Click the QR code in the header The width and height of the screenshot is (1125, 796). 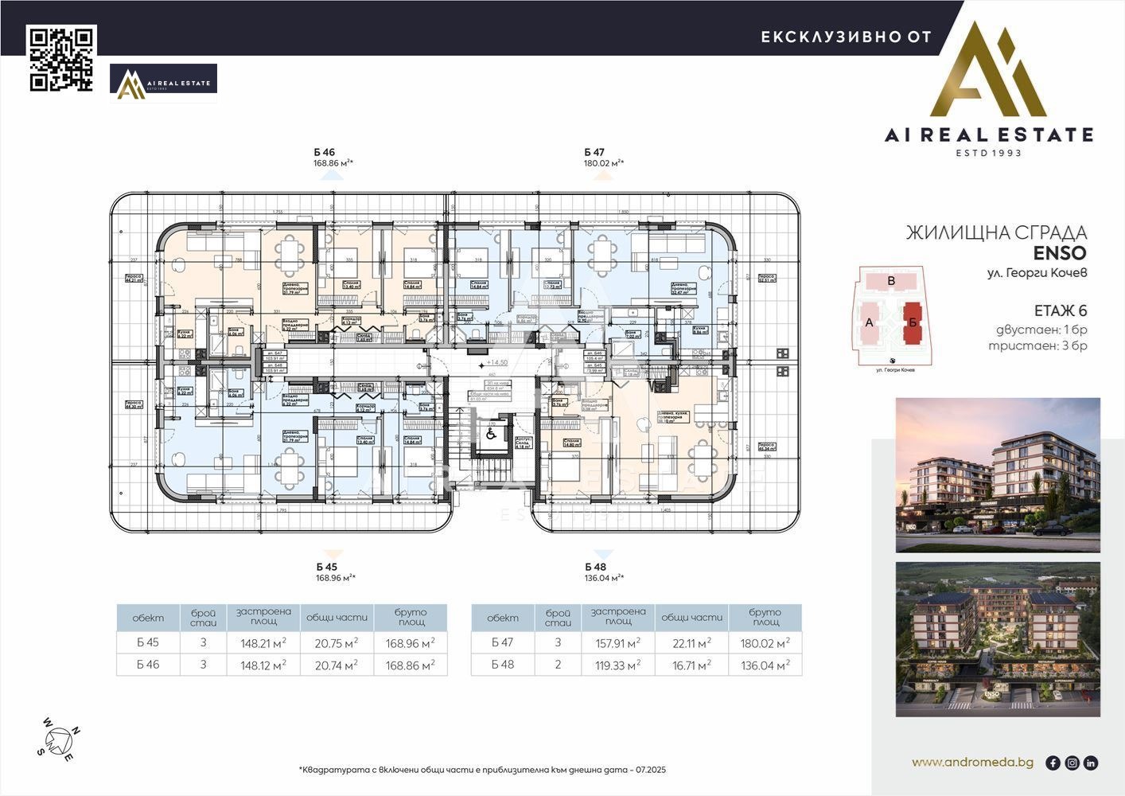[x=62, y=58]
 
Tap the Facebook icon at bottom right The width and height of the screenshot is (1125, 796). [x=1053, y=763]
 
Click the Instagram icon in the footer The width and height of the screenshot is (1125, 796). [x=1072, y=763]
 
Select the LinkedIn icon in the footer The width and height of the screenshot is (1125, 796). [x=1091, y=763]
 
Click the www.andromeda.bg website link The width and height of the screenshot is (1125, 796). [x=972, y=763]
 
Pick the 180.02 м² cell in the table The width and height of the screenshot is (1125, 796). [x=765, y=642]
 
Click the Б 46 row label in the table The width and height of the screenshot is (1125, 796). [x=148, y=665]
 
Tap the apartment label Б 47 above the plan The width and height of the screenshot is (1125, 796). [x=594, y=152]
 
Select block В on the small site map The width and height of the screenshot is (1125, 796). [x=891, y=281]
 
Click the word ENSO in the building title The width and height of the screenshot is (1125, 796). [x=1060, y=253]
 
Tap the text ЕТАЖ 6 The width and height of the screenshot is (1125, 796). [x=1060, y=311]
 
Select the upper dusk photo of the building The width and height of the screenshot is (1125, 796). [x=998, y=474]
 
